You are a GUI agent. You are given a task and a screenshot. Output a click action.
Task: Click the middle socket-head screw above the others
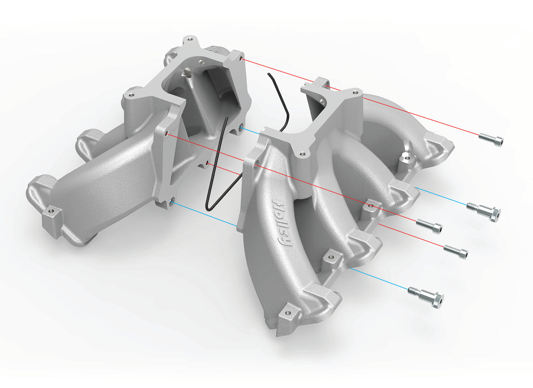tap(429, 225)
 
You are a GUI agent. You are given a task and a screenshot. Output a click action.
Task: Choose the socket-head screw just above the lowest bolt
tap(455, 251)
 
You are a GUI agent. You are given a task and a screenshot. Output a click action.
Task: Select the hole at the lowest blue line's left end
tap(172, 201)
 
